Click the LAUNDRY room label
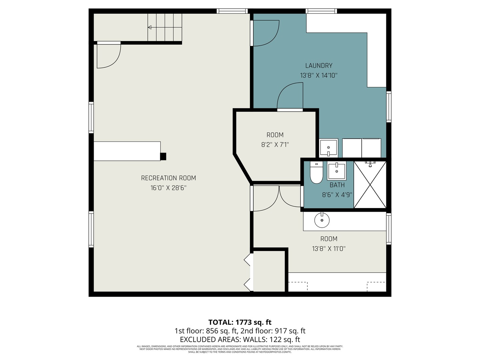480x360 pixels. point(319,66)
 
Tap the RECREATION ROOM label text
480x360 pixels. point(168,178)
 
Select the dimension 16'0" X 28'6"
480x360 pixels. point(168,188)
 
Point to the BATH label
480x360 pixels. point(337,185)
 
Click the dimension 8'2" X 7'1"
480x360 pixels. point(275,145)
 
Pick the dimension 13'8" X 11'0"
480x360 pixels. point(329,249)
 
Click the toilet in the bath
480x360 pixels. point(316,173)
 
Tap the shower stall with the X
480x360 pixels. point(370,184)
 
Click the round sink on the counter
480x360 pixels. point(322,220)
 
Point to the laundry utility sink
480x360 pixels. point(328,148)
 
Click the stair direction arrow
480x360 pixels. point(150,27)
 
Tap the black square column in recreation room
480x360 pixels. point(163,156)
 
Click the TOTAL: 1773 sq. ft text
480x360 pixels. point(240,322)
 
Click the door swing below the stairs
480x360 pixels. point(108,56)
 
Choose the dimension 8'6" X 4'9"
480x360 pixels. point(337,195)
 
